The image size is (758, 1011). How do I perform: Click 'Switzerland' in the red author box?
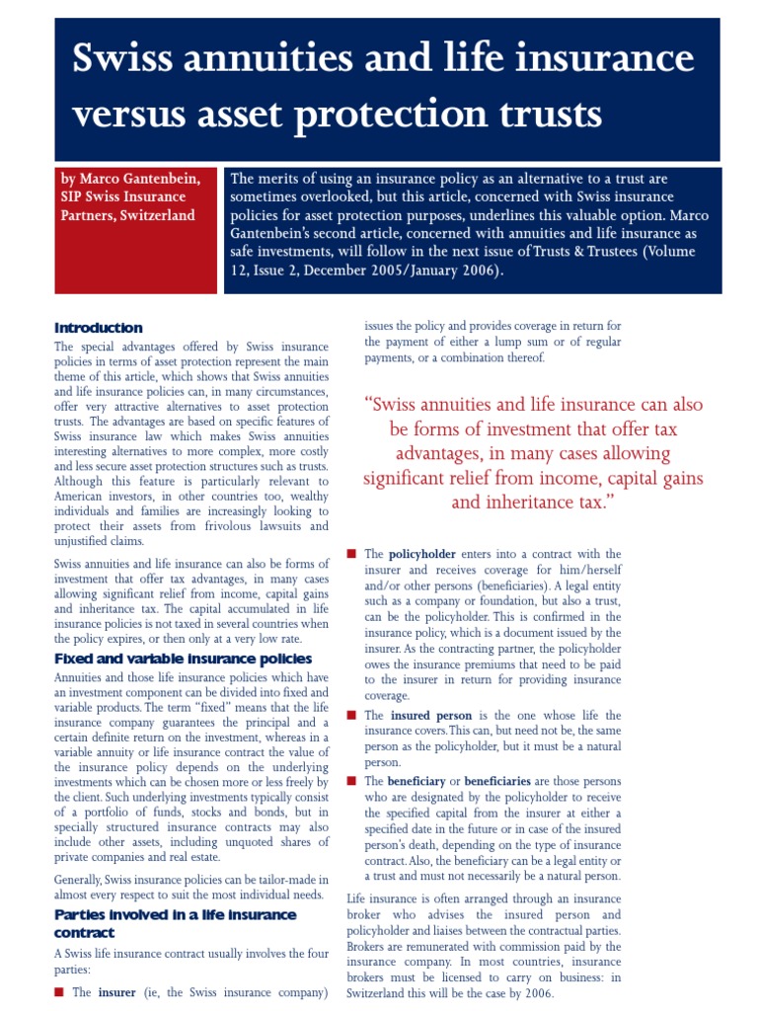pos(157,215)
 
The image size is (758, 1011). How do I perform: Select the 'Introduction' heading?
pos(99,328)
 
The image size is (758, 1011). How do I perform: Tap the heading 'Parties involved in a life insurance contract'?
pos(175,923)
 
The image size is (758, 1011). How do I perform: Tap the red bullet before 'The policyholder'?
pos(351,554)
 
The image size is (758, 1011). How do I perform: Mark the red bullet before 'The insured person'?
pos(351,715)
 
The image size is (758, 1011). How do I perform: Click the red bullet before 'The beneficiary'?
pos(351,781)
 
